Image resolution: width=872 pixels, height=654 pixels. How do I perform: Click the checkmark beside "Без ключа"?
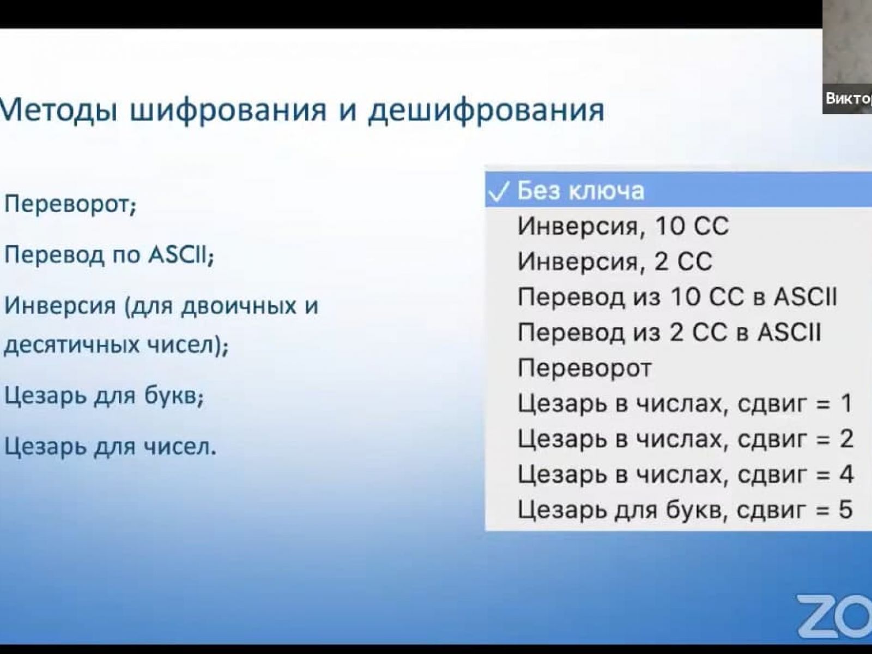point(499,192)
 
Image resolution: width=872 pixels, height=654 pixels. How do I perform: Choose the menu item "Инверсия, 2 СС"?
point(615,262)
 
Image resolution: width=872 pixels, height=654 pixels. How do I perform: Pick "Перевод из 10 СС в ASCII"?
point(677,297)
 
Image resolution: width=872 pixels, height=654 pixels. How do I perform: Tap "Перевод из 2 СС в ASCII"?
point(669,333)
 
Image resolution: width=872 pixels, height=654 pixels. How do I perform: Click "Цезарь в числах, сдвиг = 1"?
point(685,403)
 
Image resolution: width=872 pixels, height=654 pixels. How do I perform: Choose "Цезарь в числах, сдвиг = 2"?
point(685,439)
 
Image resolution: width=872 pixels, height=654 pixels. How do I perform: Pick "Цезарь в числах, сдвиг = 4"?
point(685,474)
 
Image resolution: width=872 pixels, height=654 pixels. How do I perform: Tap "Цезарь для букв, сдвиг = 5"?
point(685,510)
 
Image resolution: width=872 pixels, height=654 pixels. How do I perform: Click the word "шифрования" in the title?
point(228,111)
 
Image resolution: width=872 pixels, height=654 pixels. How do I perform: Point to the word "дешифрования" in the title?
point(486,111)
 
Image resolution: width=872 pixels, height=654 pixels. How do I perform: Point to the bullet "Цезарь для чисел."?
point(110,447)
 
